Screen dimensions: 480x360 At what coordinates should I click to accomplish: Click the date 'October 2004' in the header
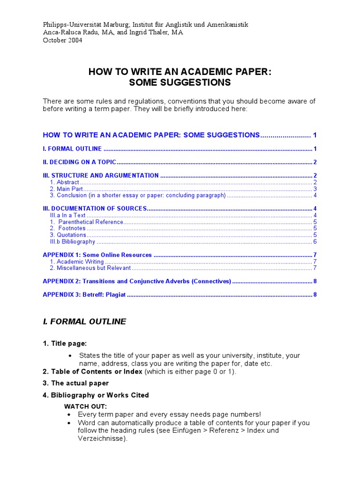click(x=62, y=40)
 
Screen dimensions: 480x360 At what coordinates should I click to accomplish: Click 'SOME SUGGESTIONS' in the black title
click(x=180, y=82)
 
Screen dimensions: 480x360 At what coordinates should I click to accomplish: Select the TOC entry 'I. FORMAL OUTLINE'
click(x=72, y=149)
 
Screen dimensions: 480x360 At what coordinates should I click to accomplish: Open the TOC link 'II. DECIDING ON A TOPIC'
click(x=79, y=162)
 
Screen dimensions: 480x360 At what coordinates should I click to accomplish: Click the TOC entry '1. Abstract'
click(x=65, y=182)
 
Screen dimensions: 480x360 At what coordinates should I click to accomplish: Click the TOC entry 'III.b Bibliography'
click(x=73, y=242)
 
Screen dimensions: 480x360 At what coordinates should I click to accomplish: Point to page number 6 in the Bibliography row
click(x=315, y=242)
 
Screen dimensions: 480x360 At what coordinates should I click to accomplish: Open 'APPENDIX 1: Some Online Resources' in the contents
click(x=97, y=255)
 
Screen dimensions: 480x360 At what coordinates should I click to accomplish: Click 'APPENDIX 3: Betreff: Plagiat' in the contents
click(x=84, y=295)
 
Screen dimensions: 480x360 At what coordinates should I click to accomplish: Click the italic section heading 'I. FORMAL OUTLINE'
click(x=84, y=322)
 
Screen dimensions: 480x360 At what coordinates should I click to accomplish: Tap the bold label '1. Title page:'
click(x=65, y=344)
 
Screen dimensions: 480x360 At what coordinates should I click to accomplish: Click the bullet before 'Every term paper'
click(x=69, y=415)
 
